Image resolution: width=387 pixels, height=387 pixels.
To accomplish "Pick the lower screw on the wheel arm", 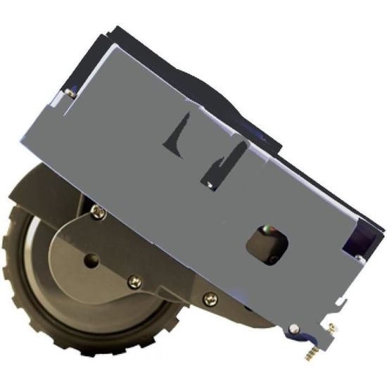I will click(x=135, y=281).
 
